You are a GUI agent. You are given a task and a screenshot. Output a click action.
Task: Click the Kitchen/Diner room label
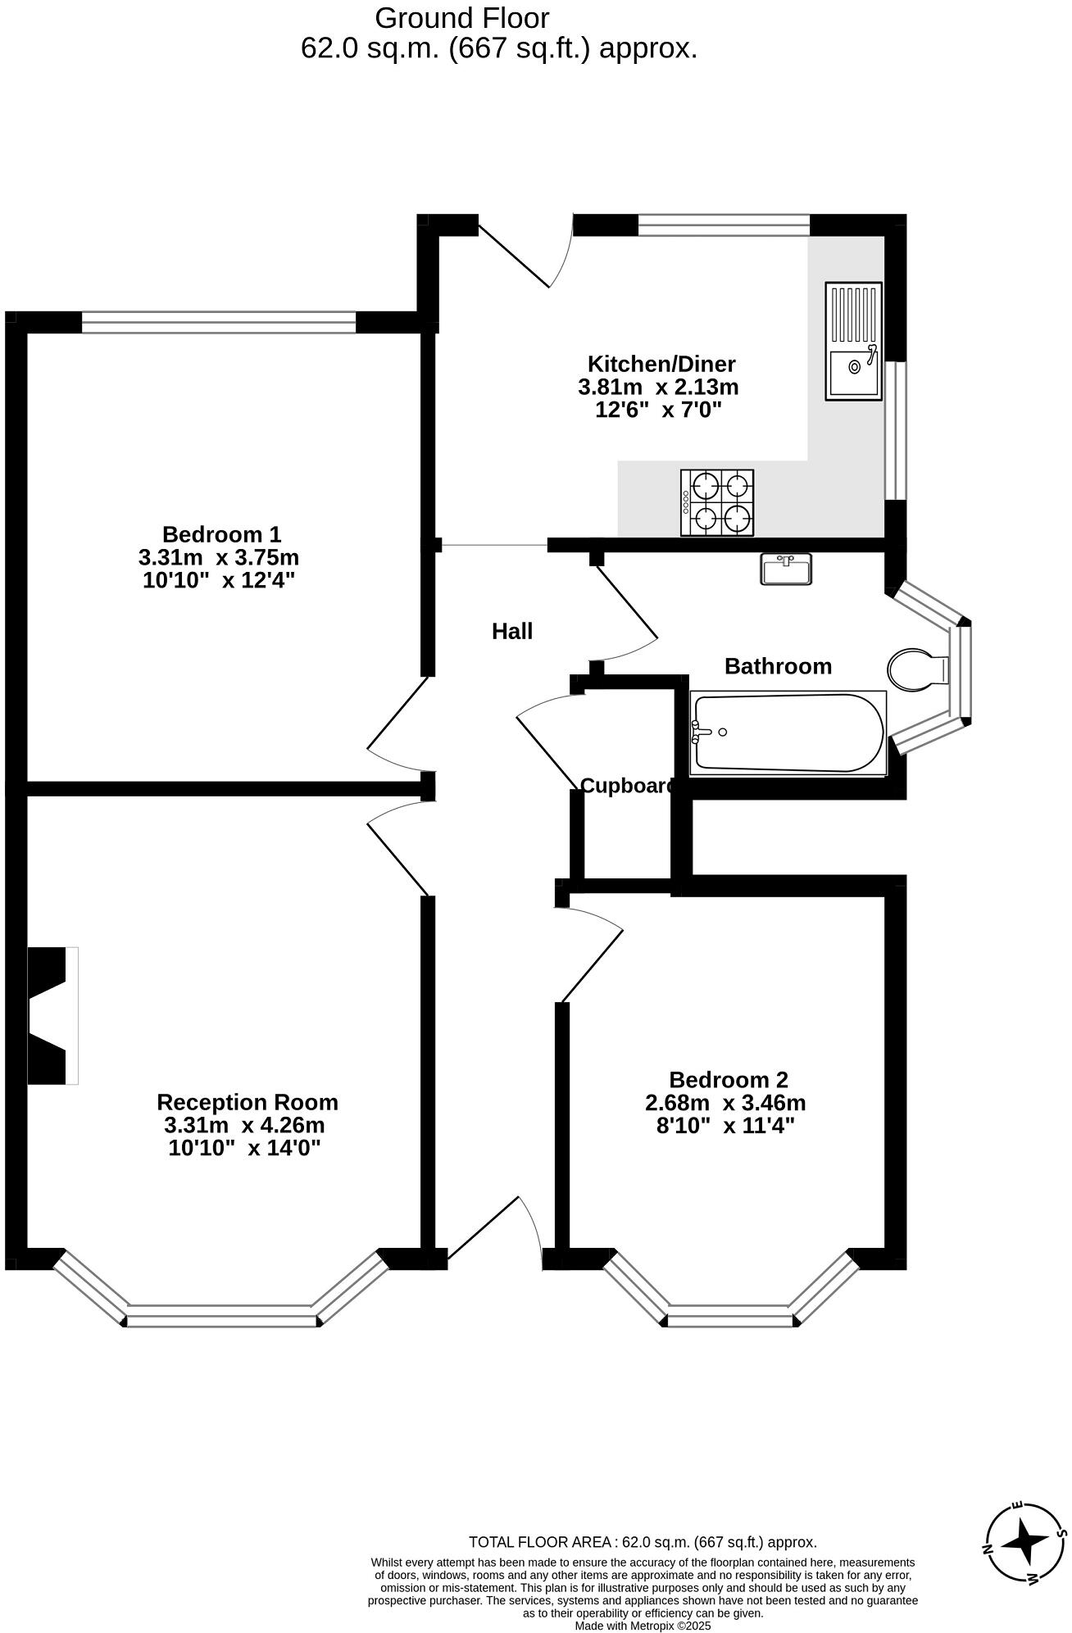click(x=661, y=363)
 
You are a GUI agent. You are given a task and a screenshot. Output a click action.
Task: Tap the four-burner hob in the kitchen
click(x=717, y=503)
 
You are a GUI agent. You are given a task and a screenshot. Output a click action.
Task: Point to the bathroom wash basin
click(x=786, y=569)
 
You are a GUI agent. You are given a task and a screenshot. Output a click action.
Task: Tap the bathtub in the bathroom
click(x=787, y=733)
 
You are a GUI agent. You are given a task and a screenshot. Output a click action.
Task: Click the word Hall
click(x=512, y=631)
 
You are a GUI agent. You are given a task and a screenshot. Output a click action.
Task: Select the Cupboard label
click(x=628, y=786)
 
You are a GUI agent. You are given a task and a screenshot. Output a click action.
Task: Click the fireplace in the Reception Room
click(x=51, y=1016)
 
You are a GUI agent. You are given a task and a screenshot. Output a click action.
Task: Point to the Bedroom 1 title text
click(x=221, y=534)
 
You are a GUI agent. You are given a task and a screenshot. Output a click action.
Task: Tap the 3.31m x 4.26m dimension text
click(x=244, y=1125)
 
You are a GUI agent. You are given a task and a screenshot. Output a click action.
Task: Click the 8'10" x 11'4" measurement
click(x=725, y=1125)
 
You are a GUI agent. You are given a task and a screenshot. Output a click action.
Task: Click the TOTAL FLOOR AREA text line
click(x=643, y=1542)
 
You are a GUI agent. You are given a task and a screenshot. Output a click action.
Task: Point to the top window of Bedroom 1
click(x=219, y=322)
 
